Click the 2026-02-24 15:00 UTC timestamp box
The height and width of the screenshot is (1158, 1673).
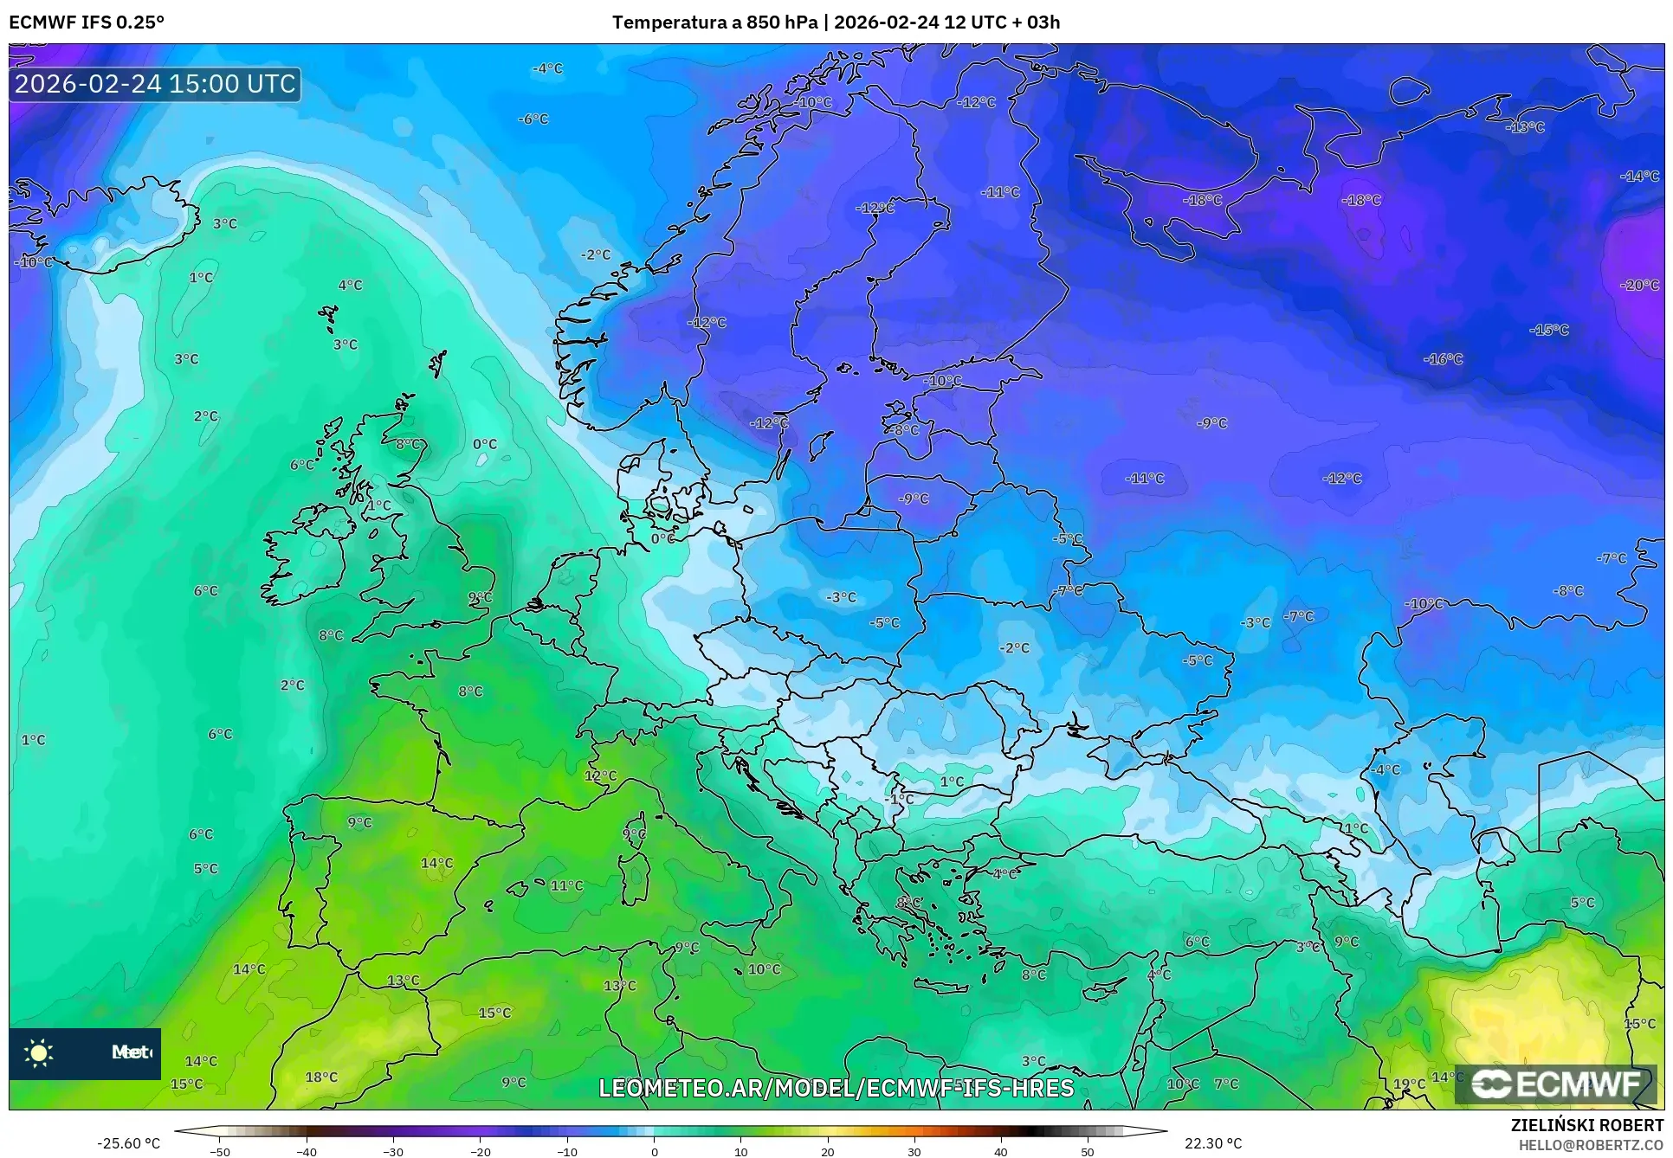tap(155, 84)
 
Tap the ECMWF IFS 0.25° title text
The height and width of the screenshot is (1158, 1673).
tap(86, 23)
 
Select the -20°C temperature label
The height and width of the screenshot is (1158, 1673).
tap(1638, 285)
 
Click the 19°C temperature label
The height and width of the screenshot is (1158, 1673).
tap(1408, 1084)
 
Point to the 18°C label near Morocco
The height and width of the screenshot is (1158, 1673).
tap(321, 1077)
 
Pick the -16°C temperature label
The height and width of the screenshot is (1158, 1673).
tap(1443, 358)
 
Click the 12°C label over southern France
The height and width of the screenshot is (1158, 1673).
tap(600, 775)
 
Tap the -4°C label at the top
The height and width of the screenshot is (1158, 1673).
tap(547, 68)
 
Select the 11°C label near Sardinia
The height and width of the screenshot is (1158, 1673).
tap(566, 885)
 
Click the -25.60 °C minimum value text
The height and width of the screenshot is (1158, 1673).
tap(129, 1143)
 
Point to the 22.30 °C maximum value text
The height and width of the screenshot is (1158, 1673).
tap(1212, 1143)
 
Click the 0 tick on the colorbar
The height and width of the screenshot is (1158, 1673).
tap(654, 1152)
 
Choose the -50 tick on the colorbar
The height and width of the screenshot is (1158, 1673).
tap(220, 1152)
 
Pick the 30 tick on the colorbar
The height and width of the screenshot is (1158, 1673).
tap(914, 1152)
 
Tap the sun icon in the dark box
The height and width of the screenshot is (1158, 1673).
tap(39, 1052)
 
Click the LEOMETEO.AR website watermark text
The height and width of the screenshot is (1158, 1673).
tap(836, 1088)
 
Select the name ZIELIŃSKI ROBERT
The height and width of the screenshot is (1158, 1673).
tap(1586, 1126)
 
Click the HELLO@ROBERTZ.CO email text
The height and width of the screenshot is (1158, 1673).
tap(1591, 1145)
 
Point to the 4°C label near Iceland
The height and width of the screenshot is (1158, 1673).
tap(350, 285)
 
